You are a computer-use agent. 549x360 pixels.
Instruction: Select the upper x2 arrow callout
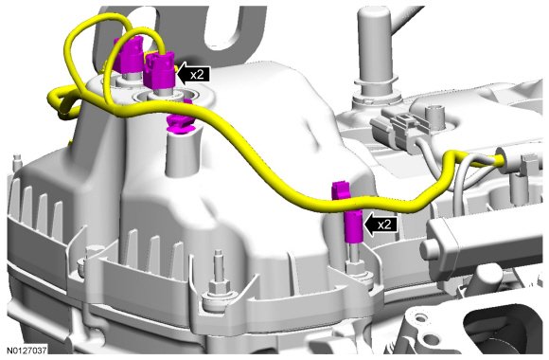[194, 74]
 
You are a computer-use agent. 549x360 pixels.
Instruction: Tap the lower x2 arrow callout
[381, 224]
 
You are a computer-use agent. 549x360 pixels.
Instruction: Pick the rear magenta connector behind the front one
[130, 55]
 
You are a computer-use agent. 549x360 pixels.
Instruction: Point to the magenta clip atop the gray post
[180, 122]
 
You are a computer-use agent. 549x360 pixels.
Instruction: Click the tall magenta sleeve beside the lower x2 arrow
[354, 226]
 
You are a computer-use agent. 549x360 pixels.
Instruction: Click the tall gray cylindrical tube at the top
[374, 53]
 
